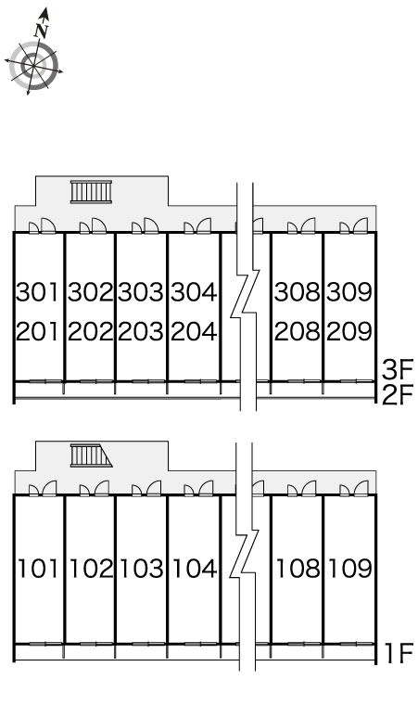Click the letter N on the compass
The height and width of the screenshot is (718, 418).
coord(42,31)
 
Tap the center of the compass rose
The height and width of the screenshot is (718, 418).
coord(33,66)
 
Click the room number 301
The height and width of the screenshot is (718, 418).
coord(38,291)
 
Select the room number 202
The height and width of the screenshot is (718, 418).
coord(90,331)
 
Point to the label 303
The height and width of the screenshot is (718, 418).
coord(141,291)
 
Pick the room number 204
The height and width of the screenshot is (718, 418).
coord(194,331)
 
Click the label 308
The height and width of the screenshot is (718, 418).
coord(298,291)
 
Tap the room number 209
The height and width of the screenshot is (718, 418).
coord(348,331)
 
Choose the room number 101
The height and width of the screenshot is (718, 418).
coord(38,569)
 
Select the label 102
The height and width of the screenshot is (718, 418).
coord(91,569)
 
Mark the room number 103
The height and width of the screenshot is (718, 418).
coord(141,569)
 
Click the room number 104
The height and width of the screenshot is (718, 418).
coord(195,569)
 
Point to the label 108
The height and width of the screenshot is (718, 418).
coord(298,569)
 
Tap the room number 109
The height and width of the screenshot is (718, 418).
coord(349,569)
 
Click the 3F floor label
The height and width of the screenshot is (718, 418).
coord(398,370)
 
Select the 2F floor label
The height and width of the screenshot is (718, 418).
coord(398,395)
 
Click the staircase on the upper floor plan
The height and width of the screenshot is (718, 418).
coord(91,191)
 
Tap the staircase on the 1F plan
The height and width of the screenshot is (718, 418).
coord(91,455)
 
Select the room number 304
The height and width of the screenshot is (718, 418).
coord(194,291)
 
